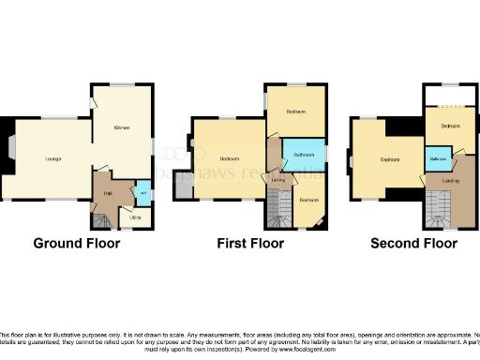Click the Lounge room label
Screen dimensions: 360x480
(53, 158)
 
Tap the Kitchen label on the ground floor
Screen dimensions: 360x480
(121, 127)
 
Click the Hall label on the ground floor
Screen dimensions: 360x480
(108, 195)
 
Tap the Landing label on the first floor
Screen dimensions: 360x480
(277, 178)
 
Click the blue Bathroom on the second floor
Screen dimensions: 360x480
(438, 160)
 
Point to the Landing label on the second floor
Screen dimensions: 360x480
(450, 180)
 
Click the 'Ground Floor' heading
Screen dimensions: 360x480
(77, 244)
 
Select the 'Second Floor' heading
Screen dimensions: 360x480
(413, 244)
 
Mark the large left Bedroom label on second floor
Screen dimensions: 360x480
(390, 158)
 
